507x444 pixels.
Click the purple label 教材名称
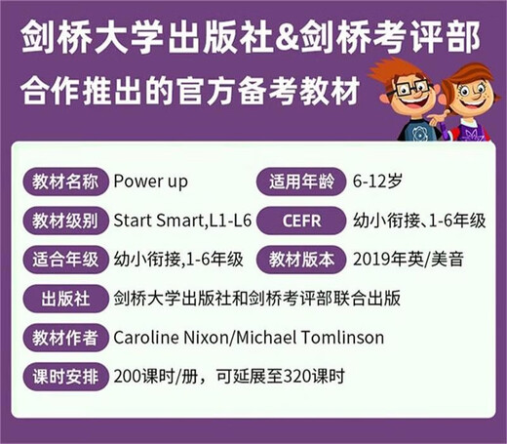(x=63, y=182)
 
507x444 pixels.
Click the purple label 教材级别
(x=63, y=221)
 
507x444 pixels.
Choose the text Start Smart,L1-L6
(x=183, y=221)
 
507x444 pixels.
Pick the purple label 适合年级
(x=63, y=260)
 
